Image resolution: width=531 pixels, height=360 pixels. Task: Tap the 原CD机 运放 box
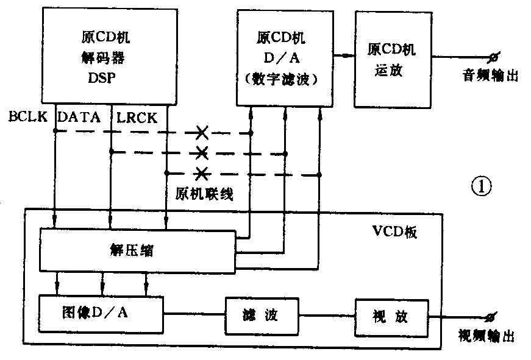click(393, 58)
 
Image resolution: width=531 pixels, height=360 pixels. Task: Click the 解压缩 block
click(138, 250)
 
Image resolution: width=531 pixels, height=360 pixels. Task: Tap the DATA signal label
click(79, 117)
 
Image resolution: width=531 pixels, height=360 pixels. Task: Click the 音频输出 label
click(489, 76)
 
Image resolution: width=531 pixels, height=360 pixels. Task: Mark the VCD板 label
click(393, 233)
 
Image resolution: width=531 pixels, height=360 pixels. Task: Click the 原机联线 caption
click(203, 194)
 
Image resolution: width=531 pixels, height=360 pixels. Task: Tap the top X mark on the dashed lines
click(202, 132)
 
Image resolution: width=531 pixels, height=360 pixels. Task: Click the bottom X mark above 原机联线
click(202, 174)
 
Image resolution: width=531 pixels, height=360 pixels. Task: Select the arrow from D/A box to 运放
click(346, 55)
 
